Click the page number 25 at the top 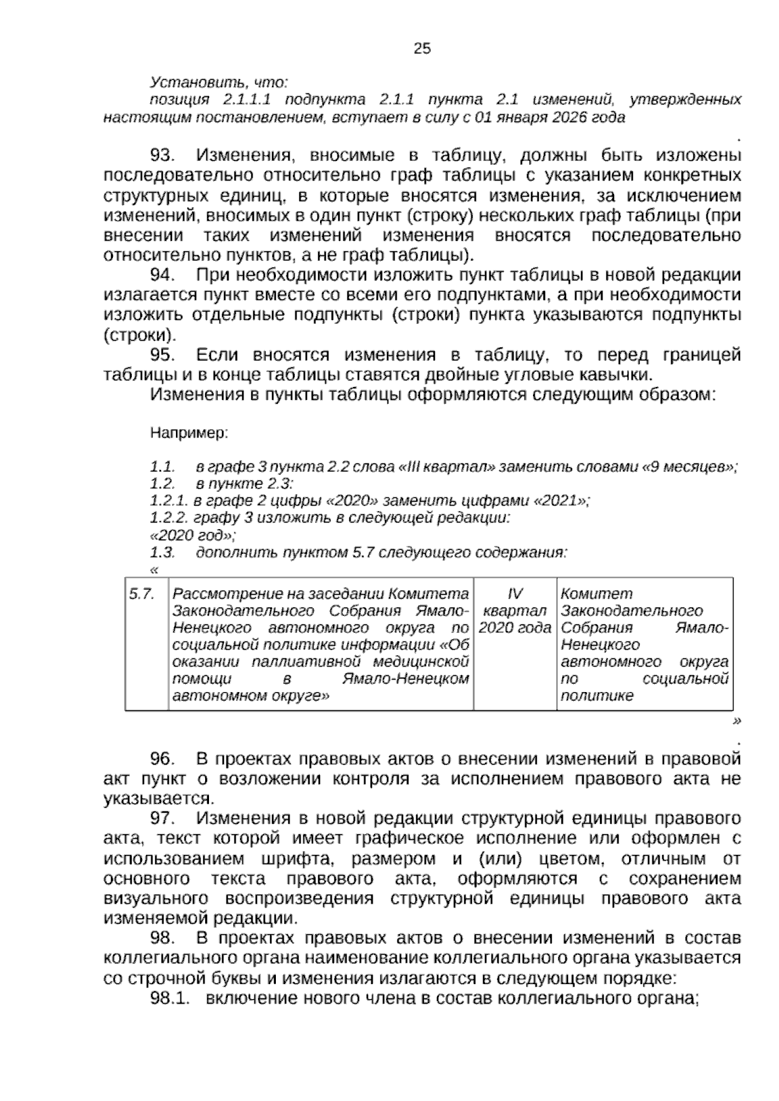coord(421,49)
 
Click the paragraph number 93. coord(163,156)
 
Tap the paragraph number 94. coord(163,275)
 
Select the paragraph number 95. coord(163,355)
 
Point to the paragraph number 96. coord(163,759)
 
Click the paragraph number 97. coord(163,819)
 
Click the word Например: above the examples coord(189,432)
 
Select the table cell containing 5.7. coord(142,594)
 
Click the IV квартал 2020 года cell coord(515,611)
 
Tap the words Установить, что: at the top coord(219,82)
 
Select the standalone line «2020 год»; coord(192,536)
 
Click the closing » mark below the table coord(736,721)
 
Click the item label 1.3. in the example coord(162,553)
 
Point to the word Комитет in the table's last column coord(596,594)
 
